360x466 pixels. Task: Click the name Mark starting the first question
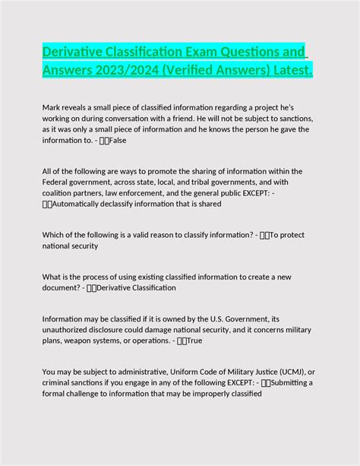[51, 108]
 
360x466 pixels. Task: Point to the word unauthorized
[70, 330]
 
